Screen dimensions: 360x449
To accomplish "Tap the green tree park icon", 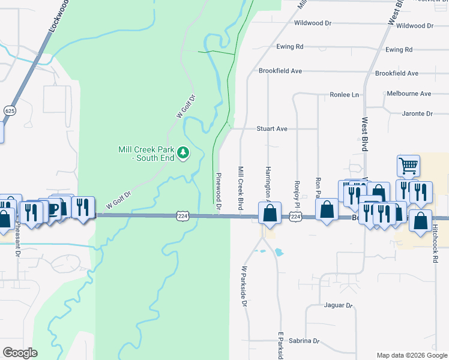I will tap(184, 154).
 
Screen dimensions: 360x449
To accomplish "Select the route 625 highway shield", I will tap(9, 110).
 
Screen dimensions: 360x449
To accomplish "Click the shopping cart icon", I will tap(408, 165).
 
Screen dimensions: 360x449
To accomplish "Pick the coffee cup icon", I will tap(53, 208).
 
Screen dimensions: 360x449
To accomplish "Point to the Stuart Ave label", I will tap(272, 128).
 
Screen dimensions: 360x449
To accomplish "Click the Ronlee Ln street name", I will tap(344, 95).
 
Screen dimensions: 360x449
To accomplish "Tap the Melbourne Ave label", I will tap(409, 94).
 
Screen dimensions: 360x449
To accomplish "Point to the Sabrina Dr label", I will tap(303, 341).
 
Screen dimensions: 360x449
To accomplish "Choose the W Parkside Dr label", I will tap(244, 287).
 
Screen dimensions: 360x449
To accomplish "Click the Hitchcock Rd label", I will tap(435, 244).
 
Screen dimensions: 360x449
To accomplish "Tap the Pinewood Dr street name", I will tap(218, 193).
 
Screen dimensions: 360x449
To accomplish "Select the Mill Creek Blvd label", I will tap(240, 188).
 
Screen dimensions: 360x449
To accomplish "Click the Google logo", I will tap(20, 353).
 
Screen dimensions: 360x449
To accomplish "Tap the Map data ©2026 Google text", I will tap(411, 355).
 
